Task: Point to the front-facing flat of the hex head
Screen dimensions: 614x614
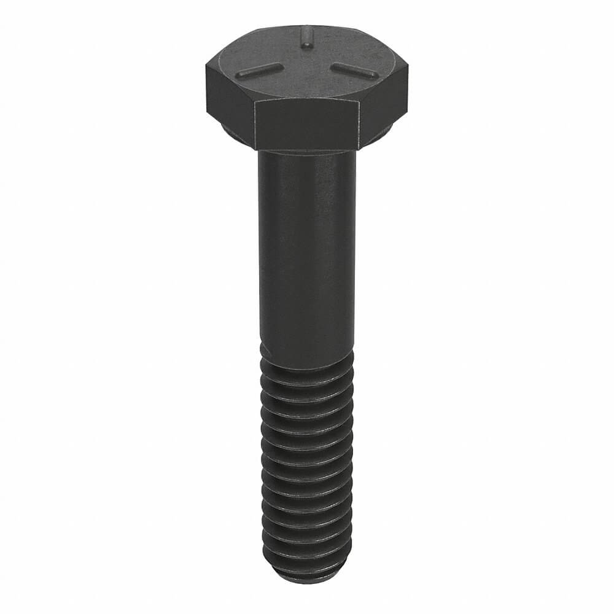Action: [x=306, y=126]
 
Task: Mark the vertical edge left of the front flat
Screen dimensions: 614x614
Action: [x=254, y=125]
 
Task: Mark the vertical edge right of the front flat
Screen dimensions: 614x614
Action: [x=359, y=126]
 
